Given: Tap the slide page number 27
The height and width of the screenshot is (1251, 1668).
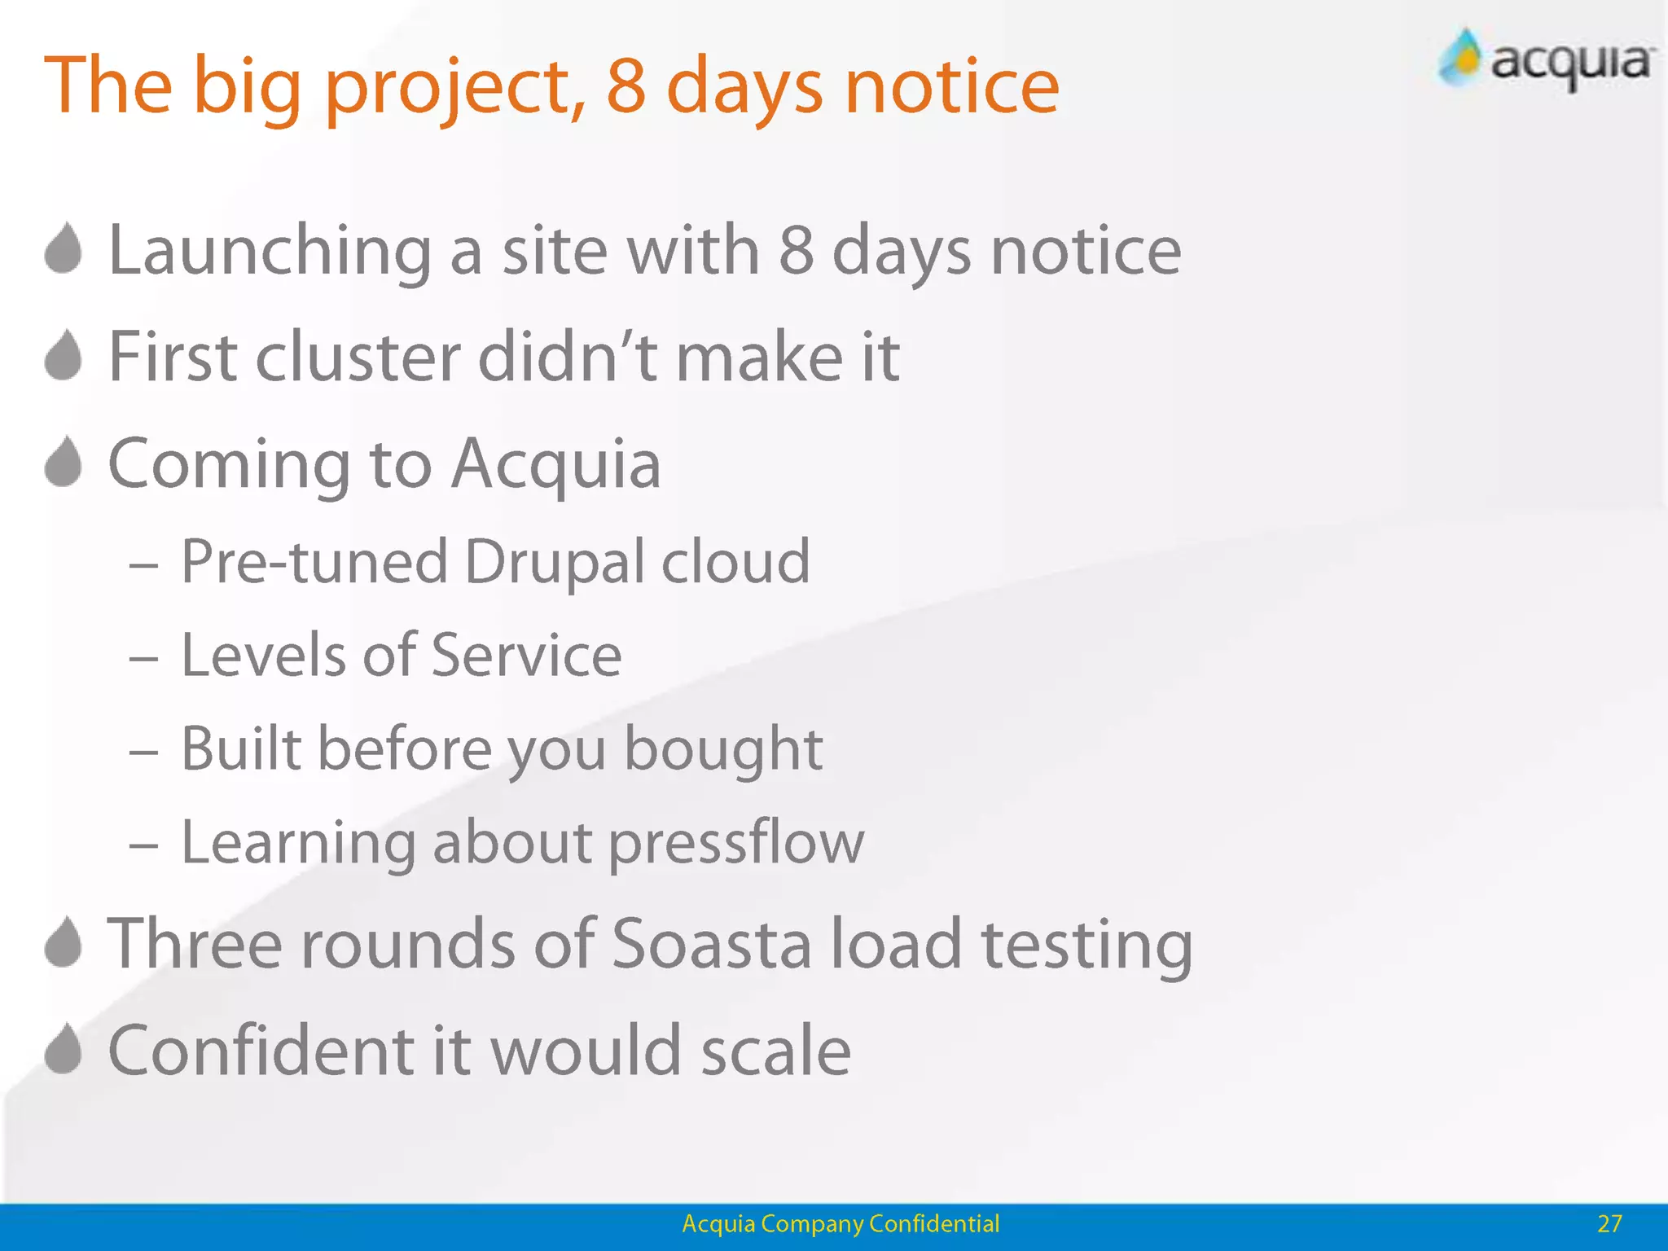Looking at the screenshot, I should pos(1609,1223).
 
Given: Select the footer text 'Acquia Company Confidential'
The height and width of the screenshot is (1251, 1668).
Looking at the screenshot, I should pos(840,1223).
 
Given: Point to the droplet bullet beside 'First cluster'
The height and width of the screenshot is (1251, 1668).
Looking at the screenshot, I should pos(64,356).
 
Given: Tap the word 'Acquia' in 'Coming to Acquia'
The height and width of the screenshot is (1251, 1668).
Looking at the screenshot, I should pos(555,464).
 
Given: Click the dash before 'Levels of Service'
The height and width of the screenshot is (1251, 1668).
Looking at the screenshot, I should pos(143,657).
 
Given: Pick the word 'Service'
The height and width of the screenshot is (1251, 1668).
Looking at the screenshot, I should pos(526,656).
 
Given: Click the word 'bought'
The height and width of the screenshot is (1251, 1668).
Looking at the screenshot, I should pos(723,749).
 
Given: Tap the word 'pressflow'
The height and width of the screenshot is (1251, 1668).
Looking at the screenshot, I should pos(736,843).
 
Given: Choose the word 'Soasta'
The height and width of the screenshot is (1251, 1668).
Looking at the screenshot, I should pos(711,944).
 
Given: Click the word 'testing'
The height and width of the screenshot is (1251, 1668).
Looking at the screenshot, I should pos(1086,945).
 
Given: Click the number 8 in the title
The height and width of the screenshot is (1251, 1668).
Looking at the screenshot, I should pos(626,86).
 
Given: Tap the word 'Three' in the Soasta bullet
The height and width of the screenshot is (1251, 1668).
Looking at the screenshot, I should pos(195,944).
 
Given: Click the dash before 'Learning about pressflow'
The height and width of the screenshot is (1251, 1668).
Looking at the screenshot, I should pos(143,845).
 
